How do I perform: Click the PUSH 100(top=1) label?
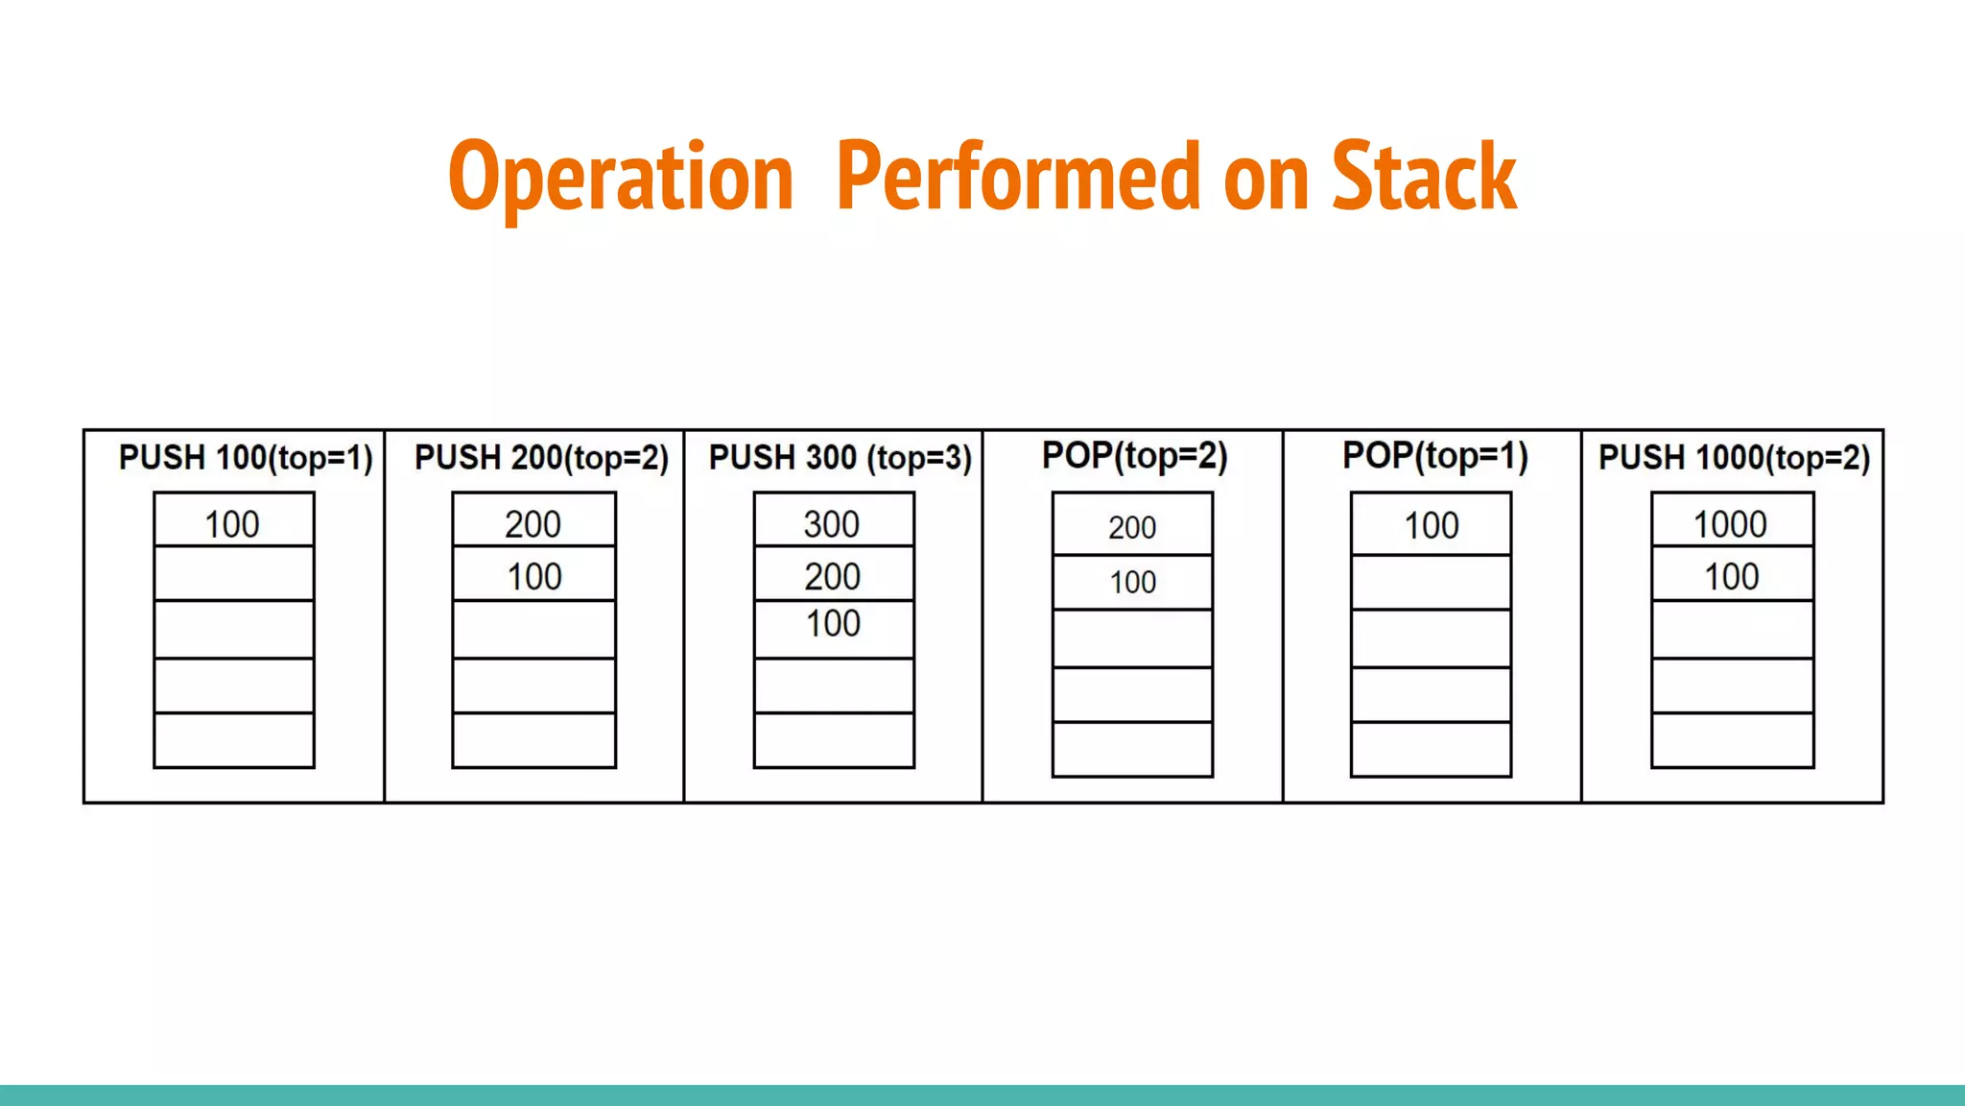[246, 458]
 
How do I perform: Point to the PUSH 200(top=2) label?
[541, 458]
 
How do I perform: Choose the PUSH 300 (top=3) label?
[840, 458]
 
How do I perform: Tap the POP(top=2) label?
[1135, 456]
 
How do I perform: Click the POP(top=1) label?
[1435, 456]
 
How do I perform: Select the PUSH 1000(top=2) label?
[1735, 458]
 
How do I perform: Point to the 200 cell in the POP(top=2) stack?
[1132, 525]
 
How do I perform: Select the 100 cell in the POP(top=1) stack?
[1431, 524]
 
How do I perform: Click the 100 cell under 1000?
[1731, 575]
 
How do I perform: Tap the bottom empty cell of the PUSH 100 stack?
[233, 740]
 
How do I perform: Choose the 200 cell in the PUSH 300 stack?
[833, 575]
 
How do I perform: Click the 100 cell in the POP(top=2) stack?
[1132, 582]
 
